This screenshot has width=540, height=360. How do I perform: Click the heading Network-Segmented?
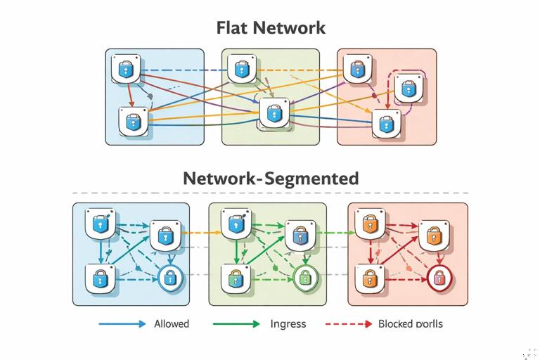(x=270, y=178)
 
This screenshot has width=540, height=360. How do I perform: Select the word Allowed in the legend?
(x=172, y=324)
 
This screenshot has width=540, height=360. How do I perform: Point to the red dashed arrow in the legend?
(x=348, y=324)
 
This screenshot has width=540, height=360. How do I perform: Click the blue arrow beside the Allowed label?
(x=122, y=324)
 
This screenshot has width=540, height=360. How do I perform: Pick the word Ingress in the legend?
(x=288, y=324)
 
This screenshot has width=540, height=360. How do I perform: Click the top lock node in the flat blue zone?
(x=126, y=68)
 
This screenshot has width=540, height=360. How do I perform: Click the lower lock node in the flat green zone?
(x=274, y=112)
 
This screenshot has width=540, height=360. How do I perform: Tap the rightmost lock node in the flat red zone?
(x=407, y=89)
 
